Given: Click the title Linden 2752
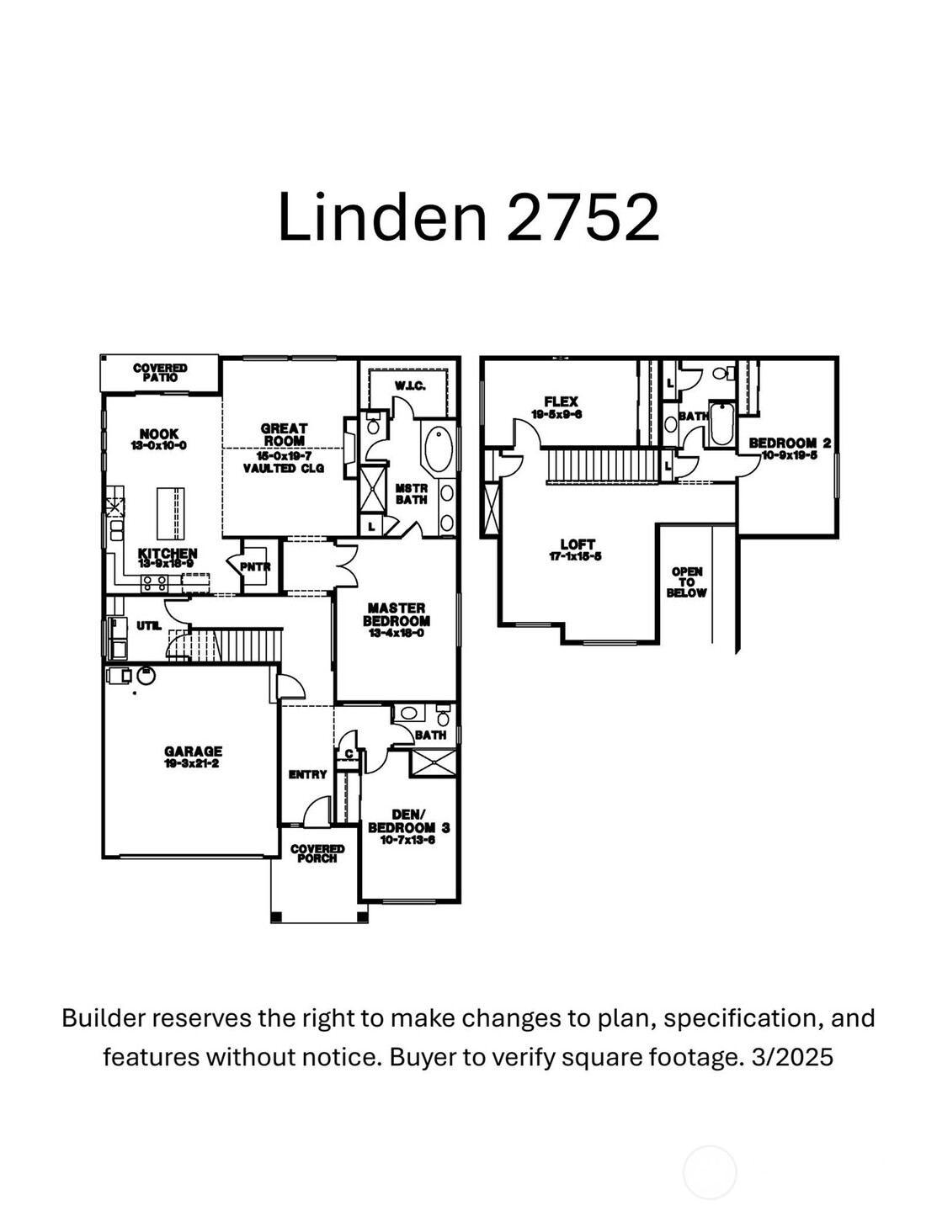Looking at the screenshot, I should click(468, 217).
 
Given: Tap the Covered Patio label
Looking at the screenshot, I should click(160, 373).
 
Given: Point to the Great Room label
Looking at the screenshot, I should click(284, 434).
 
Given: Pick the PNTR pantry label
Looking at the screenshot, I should click(255, 567).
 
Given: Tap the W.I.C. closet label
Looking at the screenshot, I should click(410, 386).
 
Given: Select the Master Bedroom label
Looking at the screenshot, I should click(396, 614).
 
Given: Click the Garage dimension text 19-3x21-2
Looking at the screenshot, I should click(194, 764).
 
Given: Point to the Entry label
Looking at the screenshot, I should click(307, 774).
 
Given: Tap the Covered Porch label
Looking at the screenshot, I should click(317, 853).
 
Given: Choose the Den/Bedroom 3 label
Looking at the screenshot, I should click(408, 821).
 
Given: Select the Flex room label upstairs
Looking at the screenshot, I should click(561, 402).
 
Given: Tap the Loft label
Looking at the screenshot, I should click(577, 544).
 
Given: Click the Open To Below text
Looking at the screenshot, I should click(687, 582).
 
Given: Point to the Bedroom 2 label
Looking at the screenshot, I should click(790, 443).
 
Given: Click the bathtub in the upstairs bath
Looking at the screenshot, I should click(722, 425).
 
